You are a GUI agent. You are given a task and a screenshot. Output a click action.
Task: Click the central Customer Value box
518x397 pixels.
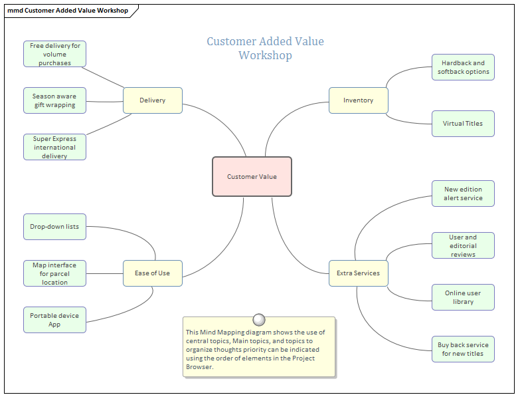coord(252,177)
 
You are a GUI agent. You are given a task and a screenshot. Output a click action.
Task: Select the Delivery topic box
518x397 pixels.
coord(152,100)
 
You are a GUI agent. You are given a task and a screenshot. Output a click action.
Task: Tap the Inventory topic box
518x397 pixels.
coord(358,100)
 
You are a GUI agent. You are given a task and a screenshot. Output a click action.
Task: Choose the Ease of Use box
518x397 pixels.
coord(152,273)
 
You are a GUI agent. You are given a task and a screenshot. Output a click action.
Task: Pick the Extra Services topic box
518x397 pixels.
coord(358,273)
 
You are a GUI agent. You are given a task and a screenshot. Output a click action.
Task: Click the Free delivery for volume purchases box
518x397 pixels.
coord(55,55)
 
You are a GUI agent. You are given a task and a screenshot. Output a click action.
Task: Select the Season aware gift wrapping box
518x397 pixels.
coord(54,100)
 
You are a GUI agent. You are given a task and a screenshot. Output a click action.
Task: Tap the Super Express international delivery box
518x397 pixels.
coord(54,147)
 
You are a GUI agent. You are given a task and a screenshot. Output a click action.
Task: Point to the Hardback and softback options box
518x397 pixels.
coord(463,67)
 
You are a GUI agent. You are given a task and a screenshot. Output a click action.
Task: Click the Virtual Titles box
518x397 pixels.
coord(463,124)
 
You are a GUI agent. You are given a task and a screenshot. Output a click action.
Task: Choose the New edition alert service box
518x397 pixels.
coord(463,194)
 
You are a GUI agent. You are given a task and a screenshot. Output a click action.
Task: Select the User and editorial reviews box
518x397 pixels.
coord(463,245)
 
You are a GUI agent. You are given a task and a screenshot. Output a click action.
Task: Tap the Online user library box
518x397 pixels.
coord(463,297)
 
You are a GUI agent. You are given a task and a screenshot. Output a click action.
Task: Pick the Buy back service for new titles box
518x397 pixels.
coord(463,349)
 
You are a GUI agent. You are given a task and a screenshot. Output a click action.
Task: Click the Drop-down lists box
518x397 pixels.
coord(54,227)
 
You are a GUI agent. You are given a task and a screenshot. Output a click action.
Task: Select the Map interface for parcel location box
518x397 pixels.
coord(54,273)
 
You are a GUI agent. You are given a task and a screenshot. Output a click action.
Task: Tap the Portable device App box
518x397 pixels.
coord(54,320)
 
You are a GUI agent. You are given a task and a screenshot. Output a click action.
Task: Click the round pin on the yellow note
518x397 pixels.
coord(259,319)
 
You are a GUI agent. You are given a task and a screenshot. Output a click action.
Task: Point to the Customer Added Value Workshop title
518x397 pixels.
coord(265,48)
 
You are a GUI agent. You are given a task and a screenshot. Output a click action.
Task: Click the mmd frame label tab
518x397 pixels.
coord(68,11)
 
